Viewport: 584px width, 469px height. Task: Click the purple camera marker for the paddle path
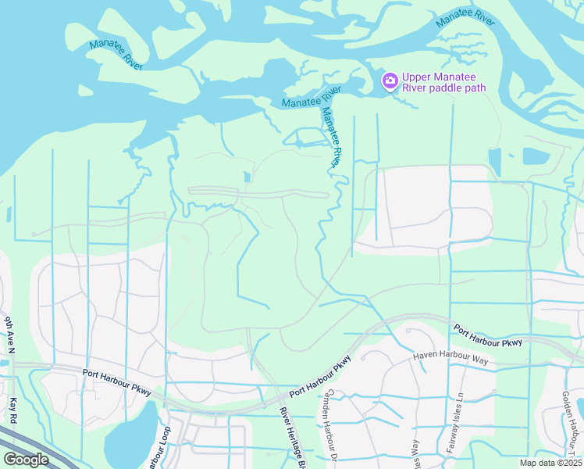pos(389,81)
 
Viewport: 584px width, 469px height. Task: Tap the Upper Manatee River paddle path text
pos(443,82)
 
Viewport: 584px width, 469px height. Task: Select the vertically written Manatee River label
pos(329,135)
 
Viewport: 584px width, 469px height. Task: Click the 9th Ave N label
pos(9,336)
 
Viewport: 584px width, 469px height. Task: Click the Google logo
pos(26,460)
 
